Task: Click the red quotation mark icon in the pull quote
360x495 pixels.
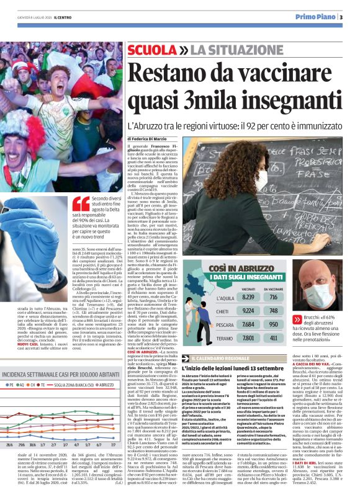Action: pos(81,203)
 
